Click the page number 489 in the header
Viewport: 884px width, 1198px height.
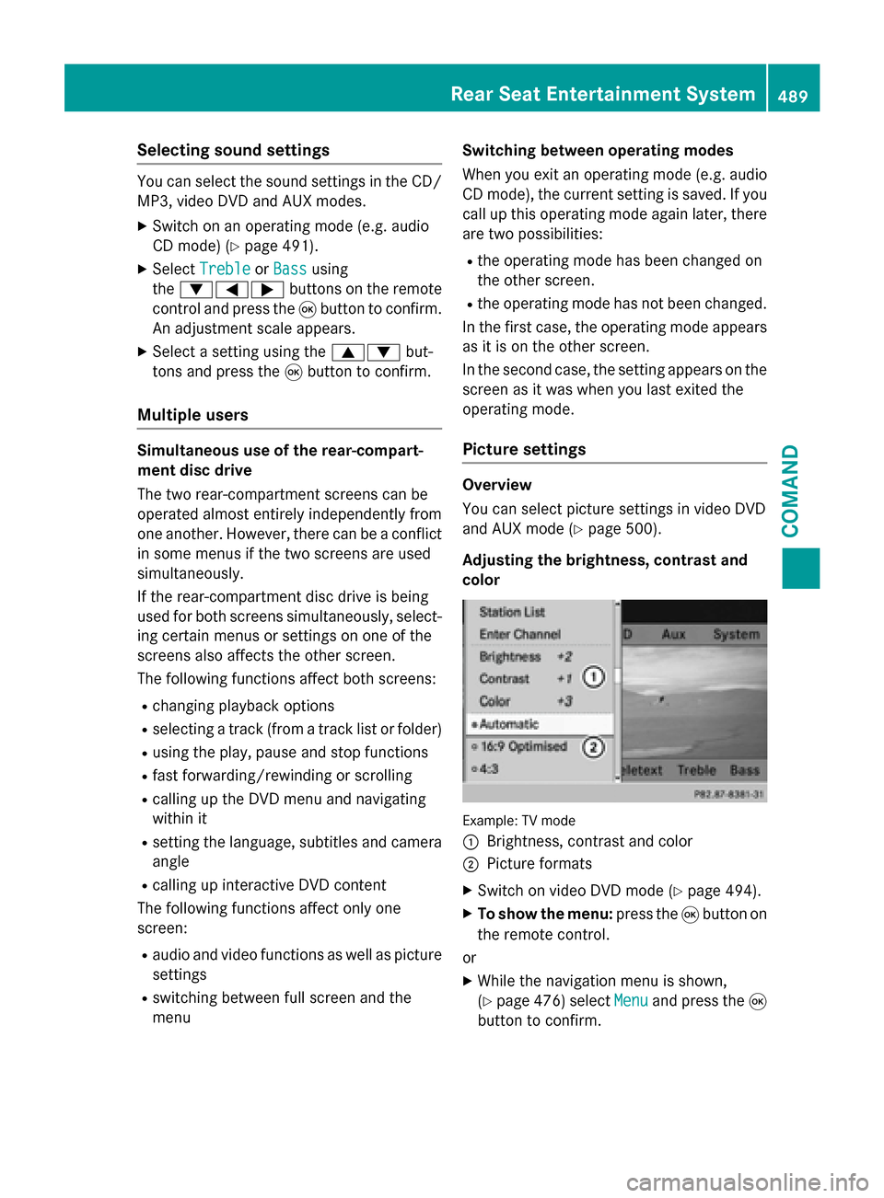pyautogui.click(x=792, y=96)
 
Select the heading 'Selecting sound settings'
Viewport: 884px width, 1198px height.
pyautogui.click(x=233, y=150)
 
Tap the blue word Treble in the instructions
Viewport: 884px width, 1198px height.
pyautogui.click(x=225, y=269)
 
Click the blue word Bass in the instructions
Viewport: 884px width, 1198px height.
pyautogui.click(x=290, y=269)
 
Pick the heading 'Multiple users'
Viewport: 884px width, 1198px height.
pyautogui.click(x=192, y=415)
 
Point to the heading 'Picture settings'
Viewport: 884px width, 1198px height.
pyautogui.click(x=524, y=449)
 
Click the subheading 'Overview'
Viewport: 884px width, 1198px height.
pyautogui.click(x=497, y=485)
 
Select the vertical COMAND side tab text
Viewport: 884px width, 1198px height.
pyautogui.click(x=790, y=490)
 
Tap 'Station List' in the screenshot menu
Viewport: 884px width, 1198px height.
pyautogui.click(x=512, y=612)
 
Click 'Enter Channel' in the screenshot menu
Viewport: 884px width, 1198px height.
pyautogui.click(x=519, y=634)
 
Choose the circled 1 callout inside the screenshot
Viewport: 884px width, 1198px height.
pyautogui.click(x=594, y=677)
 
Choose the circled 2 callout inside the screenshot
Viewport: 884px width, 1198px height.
pyautogui.click(x=594, y=747)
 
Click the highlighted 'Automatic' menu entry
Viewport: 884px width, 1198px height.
pyautogui.click(x=509, y=724)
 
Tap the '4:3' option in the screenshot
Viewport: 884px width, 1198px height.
pyautogui.click(x=488, y=768)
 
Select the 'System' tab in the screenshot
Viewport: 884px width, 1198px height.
pyautogui.click(x=736, y=634)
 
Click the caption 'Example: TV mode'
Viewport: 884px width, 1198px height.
pyautogui.click(x=518, y=821)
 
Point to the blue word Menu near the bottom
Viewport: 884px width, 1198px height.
pyautogui.click(x=631, y=1000)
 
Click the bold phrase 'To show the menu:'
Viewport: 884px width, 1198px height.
pyautogui.click(x=545, y=914)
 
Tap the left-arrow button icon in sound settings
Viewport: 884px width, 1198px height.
pyautogui.click(x=231, y=289)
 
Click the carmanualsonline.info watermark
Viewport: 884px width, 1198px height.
pyautogui.click(x=747, y=1181)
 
